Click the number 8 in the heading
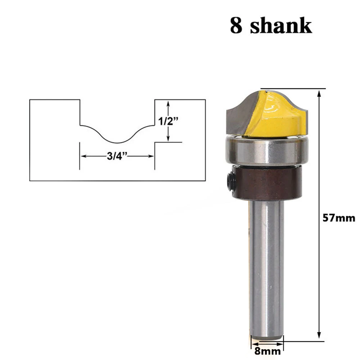[236, 26]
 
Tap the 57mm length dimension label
[338, 218]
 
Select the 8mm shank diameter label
[267, 351]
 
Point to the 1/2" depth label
[169, 121]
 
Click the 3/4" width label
[117, 156]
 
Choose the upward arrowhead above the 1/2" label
[168, 104]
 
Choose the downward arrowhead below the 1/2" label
[168, 139]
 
